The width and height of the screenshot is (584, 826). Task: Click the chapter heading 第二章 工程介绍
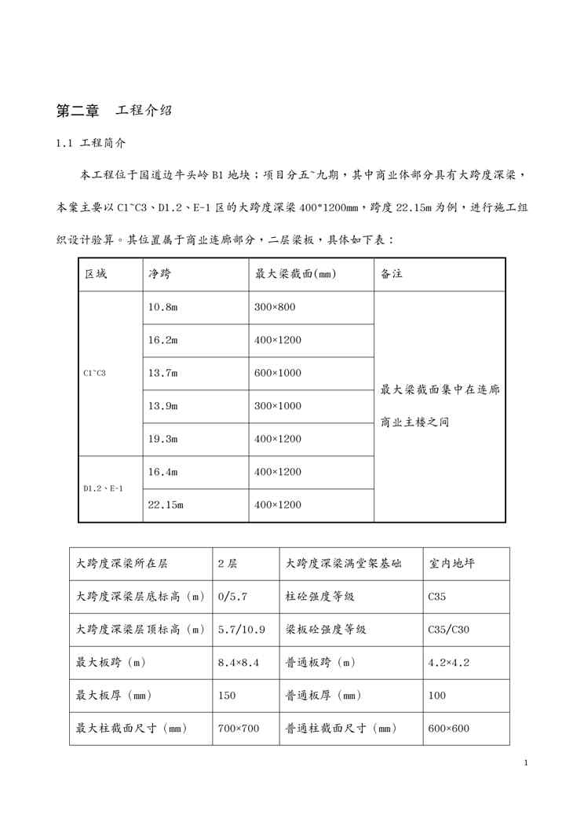coord(114,111)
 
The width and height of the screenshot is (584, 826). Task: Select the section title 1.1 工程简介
coord(91,144)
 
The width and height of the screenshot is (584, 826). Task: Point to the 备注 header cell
coord(392,274)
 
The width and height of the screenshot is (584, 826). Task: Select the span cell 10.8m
coord(162,307)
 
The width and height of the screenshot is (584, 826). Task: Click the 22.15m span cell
coord(166,505)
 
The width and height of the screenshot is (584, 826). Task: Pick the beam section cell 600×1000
coord(277,373)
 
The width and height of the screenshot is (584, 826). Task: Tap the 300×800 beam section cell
coord(274,307)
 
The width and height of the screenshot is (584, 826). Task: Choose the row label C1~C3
coord(94,373)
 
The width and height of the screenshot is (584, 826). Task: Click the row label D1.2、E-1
coord(103,488)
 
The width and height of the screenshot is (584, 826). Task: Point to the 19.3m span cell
coord(162,439)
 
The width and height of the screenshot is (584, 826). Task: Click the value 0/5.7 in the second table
coord(232,597)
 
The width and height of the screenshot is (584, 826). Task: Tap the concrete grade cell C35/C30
coord(450,630)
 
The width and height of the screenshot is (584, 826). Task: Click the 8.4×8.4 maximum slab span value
coord(238,663)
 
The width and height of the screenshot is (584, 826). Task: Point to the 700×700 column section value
coord(238,729)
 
